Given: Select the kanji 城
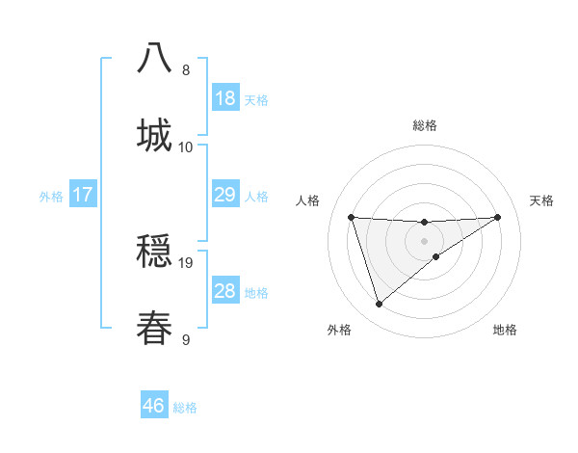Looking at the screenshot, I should point(154,134).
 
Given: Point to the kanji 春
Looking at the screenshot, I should point(154,327).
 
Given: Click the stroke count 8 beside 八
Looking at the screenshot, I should point(186,69).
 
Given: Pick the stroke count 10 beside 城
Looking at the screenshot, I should point(186,147).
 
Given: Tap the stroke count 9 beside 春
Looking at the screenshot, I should point(186,339).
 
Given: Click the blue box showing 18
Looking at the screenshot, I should point(224,98).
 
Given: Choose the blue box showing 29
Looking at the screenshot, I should point(224,195).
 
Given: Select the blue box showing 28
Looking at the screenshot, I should point(224,291).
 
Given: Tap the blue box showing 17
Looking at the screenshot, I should point(82,196).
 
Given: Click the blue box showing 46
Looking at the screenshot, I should point(153,406).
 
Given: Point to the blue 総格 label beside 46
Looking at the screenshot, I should point(185,408).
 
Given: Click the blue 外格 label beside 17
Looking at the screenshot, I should point(51,197).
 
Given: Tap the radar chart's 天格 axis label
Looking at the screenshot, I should point(541,200).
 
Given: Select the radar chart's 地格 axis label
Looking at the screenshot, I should point(505,330).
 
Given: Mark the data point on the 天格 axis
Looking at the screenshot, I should point(497,217).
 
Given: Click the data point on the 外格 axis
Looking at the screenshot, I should point(379,305).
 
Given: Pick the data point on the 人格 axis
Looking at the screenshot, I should point(352,217).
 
